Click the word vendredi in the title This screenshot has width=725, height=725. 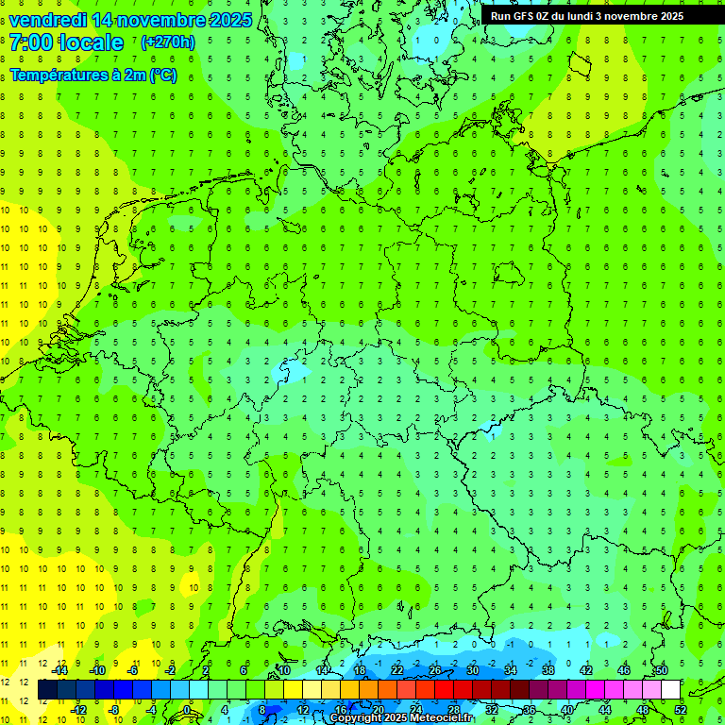[x=48, y=20]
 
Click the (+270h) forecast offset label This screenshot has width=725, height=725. [x=167, y=42]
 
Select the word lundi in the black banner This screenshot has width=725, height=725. [x=595, y=16]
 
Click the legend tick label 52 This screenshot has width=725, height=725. [x=681, y=709]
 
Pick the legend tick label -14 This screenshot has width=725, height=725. [x=59, y=670]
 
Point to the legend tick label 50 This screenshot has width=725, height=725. [x=662, y=670]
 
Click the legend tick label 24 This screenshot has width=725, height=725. [x=416, y=709]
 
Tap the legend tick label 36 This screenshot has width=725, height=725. [x=530, y=709]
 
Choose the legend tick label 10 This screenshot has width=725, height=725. [x=284, y=670]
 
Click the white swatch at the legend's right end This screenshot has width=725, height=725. [x=670, y=690]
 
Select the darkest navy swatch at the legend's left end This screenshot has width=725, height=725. [x=47, y=690]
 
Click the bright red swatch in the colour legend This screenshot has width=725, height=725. [x=444, y=690]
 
